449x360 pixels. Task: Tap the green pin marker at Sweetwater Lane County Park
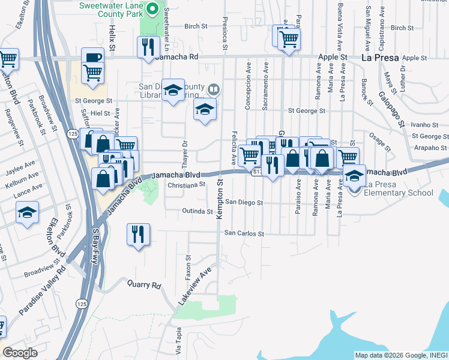pyautogui.click(x=152, y=9)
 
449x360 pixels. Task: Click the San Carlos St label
pyautogui.click(x=244, y=233)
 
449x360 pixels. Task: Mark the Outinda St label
pyautogui.click(x=197, y=212)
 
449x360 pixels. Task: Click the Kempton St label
pyautogui.click(x=220, y=198)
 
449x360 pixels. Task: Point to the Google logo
pyautogui.click(x=20, y=352)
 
